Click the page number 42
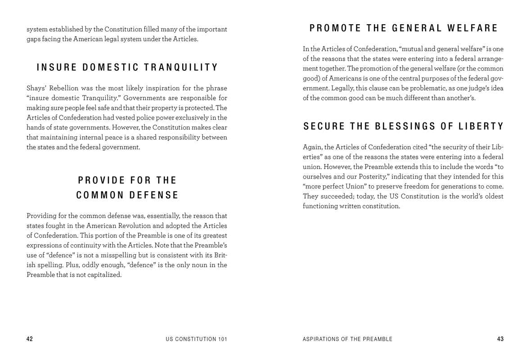30,339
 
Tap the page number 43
500,339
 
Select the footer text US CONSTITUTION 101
196,339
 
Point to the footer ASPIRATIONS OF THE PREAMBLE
347,339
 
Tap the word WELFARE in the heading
473,28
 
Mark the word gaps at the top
34,39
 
